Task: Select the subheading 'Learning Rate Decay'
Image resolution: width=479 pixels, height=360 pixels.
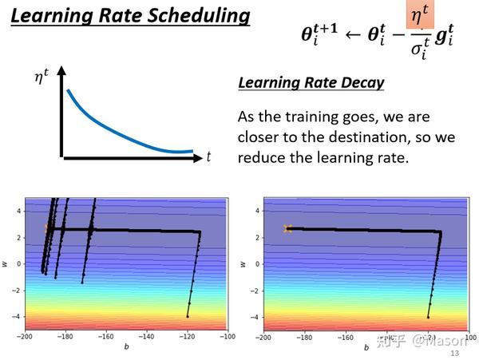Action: [x=311, y=82]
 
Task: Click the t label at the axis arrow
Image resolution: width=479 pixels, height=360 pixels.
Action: [x=209, y=157]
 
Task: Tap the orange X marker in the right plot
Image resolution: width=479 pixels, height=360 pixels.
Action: [x=287, y=229]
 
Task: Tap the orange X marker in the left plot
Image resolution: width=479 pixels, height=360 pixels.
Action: [x=47, y=229]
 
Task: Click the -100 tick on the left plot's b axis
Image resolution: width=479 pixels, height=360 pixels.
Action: [x=228, y=337]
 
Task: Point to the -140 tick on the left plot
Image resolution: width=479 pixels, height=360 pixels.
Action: [x=146, y=337]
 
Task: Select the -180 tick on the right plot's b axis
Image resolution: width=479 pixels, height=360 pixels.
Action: [x=305, y=337]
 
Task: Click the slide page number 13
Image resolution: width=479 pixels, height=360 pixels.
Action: [x=455, y=353]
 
